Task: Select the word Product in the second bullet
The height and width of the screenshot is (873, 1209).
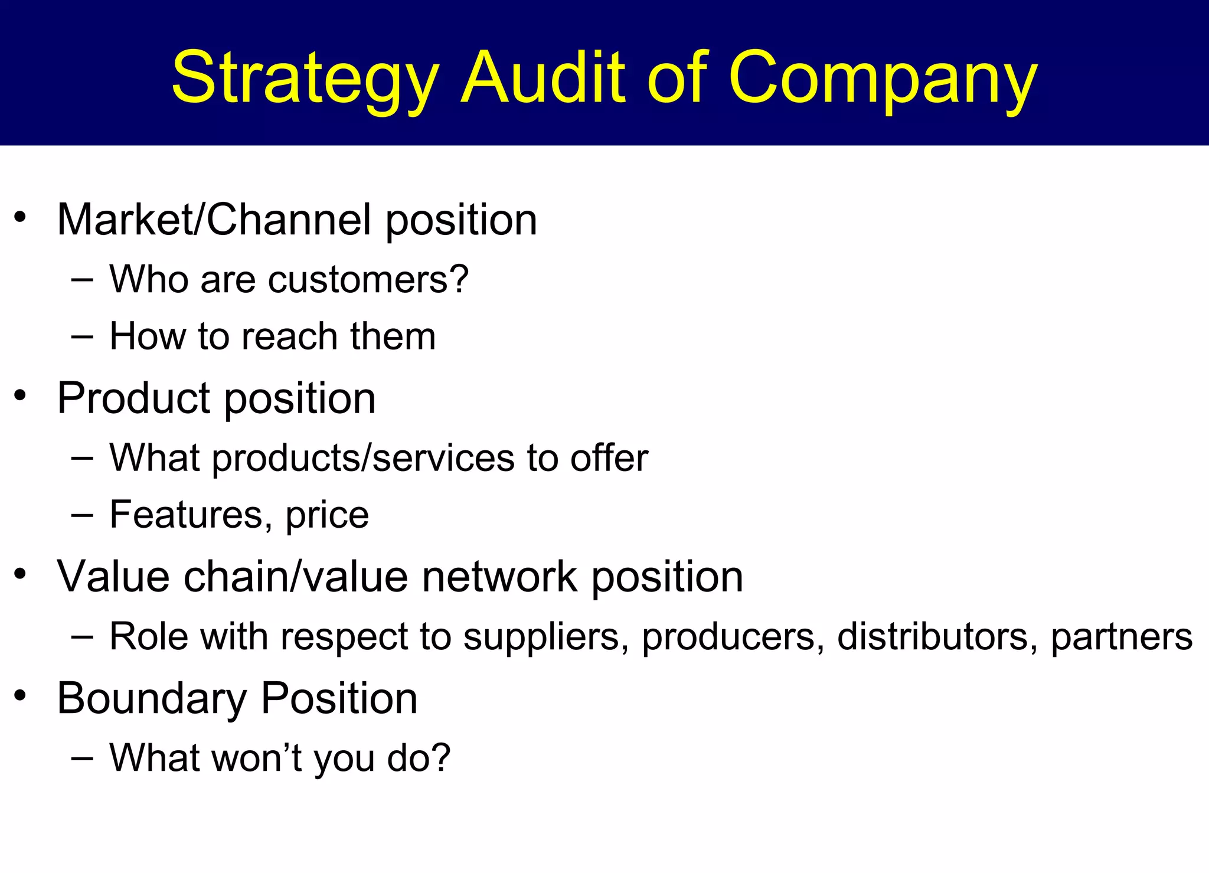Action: coord(133,398)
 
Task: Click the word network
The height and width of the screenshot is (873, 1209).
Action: coord(499,576)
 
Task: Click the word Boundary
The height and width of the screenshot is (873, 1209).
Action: coord(152,699)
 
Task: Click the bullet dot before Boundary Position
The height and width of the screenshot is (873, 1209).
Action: coord(21,695)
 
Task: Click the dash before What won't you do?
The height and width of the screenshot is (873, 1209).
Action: coord(82,757)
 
